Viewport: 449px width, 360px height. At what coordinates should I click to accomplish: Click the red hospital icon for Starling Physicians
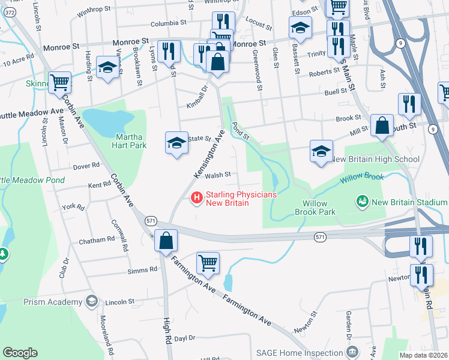click(x=196, y=197)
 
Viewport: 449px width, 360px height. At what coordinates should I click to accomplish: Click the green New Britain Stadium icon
click(x=362, y=202)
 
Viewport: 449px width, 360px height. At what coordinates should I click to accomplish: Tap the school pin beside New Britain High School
click(x=321, y=150)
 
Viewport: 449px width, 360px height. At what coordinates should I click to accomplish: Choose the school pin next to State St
click(x=176, y=143)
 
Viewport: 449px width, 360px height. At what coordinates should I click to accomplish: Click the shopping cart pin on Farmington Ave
click(x=208, y=263)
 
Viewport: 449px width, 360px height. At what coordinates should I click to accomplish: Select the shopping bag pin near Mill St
click(x=382, y=126)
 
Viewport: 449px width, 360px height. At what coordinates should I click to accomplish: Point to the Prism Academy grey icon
click(x=91, y=301)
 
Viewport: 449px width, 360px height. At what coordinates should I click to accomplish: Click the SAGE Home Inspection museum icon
click(x=352, y=352)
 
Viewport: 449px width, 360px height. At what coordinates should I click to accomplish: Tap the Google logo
click(x=19, y=353)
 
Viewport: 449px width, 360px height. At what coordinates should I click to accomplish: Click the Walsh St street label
click(x=218, y=175)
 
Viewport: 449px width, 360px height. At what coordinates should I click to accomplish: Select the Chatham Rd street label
click(x=97, y=240)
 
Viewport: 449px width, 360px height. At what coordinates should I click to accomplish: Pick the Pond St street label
click(x=240, y=132)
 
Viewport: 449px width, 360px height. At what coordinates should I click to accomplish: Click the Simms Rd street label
click(x=142, y=271)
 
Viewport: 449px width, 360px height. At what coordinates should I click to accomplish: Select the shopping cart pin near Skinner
click(x=59, y=83)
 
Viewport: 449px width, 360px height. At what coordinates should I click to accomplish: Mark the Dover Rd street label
click(x=87, y=165)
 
